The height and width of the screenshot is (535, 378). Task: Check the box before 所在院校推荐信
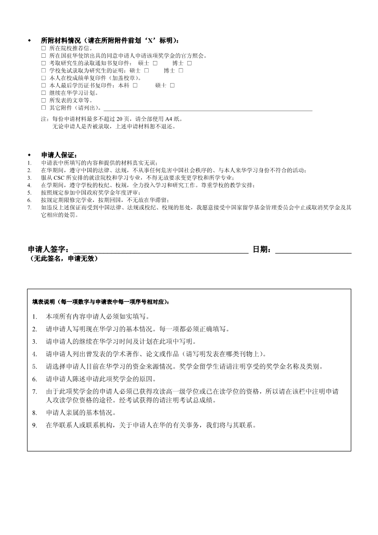coord(43,48)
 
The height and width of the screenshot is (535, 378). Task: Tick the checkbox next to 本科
coord(135,85)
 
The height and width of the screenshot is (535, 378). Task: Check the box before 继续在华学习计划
coord(43,93)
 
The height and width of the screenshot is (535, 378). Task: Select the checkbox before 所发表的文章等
coord(43,100)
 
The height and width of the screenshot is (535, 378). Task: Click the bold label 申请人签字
coord(48,249)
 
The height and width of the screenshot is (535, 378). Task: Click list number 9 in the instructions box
coord(34,425)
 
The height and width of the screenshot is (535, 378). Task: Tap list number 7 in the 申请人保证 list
coord(30,207)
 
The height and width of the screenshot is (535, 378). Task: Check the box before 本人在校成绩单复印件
coord(43,78)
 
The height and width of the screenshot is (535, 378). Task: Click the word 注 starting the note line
coord(44,119)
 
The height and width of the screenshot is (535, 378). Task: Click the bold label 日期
coord(262,249)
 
